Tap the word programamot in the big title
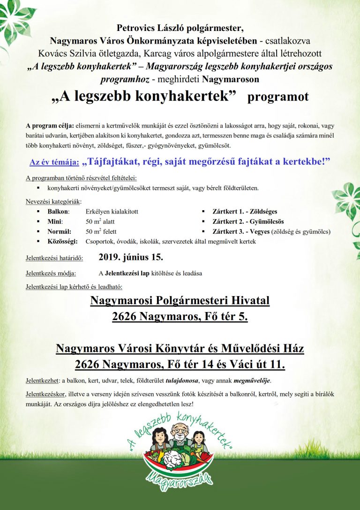tap(278, 98)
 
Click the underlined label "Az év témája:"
tap(54, 162)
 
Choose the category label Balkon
tap(59, 212)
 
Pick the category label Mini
tap(55, 221)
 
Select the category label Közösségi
tap(63, 241)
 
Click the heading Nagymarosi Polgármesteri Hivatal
tap(180, 300)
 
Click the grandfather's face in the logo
tap(180, 430)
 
